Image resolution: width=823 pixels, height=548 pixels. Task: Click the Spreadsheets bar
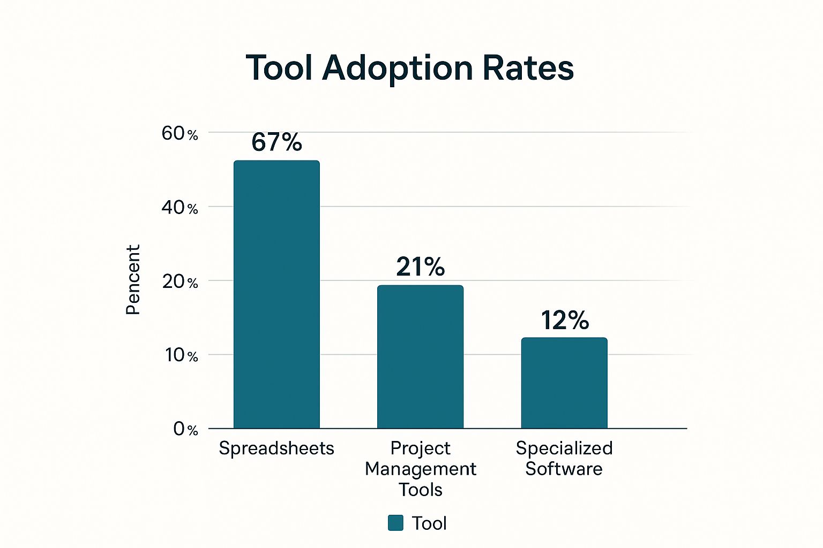[x=276, y=294]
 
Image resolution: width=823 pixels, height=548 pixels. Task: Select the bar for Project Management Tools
[x=420, y=357]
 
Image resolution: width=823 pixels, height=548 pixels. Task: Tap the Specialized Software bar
[x=564, y=383]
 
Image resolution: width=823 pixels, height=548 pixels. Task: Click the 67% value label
[x=276, y=142]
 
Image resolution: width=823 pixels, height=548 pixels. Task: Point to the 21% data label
[x=420, y=267]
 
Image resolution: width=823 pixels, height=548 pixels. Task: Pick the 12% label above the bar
[x=565, y=320]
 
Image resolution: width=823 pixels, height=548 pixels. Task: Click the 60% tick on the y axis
[x=179, y=134]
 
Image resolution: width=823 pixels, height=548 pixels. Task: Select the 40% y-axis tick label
[x=179, y=208]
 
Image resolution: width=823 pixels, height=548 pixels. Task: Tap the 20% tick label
[x=179, y=282]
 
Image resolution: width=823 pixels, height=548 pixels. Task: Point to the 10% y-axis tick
[x=181, y=355]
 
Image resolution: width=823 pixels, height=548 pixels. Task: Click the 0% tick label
[x=185, y=429]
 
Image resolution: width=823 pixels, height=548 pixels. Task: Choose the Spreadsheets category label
[x=276, y=448]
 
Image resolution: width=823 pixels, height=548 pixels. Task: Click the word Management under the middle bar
[x=420, y=469]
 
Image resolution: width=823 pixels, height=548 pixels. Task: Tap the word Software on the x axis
[x=564, y=469]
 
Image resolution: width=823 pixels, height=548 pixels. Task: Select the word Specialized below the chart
[x=564, y=448]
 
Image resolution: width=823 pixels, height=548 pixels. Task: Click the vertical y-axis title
[x=133, y=280]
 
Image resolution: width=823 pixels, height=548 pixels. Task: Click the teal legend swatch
[x=395, y=523]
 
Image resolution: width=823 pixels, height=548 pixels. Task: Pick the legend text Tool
[x=429, y=523]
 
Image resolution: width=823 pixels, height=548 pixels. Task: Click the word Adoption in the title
[x=397, y=68]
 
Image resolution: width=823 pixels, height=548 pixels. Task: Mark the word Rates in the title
[x=528, y=68]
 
